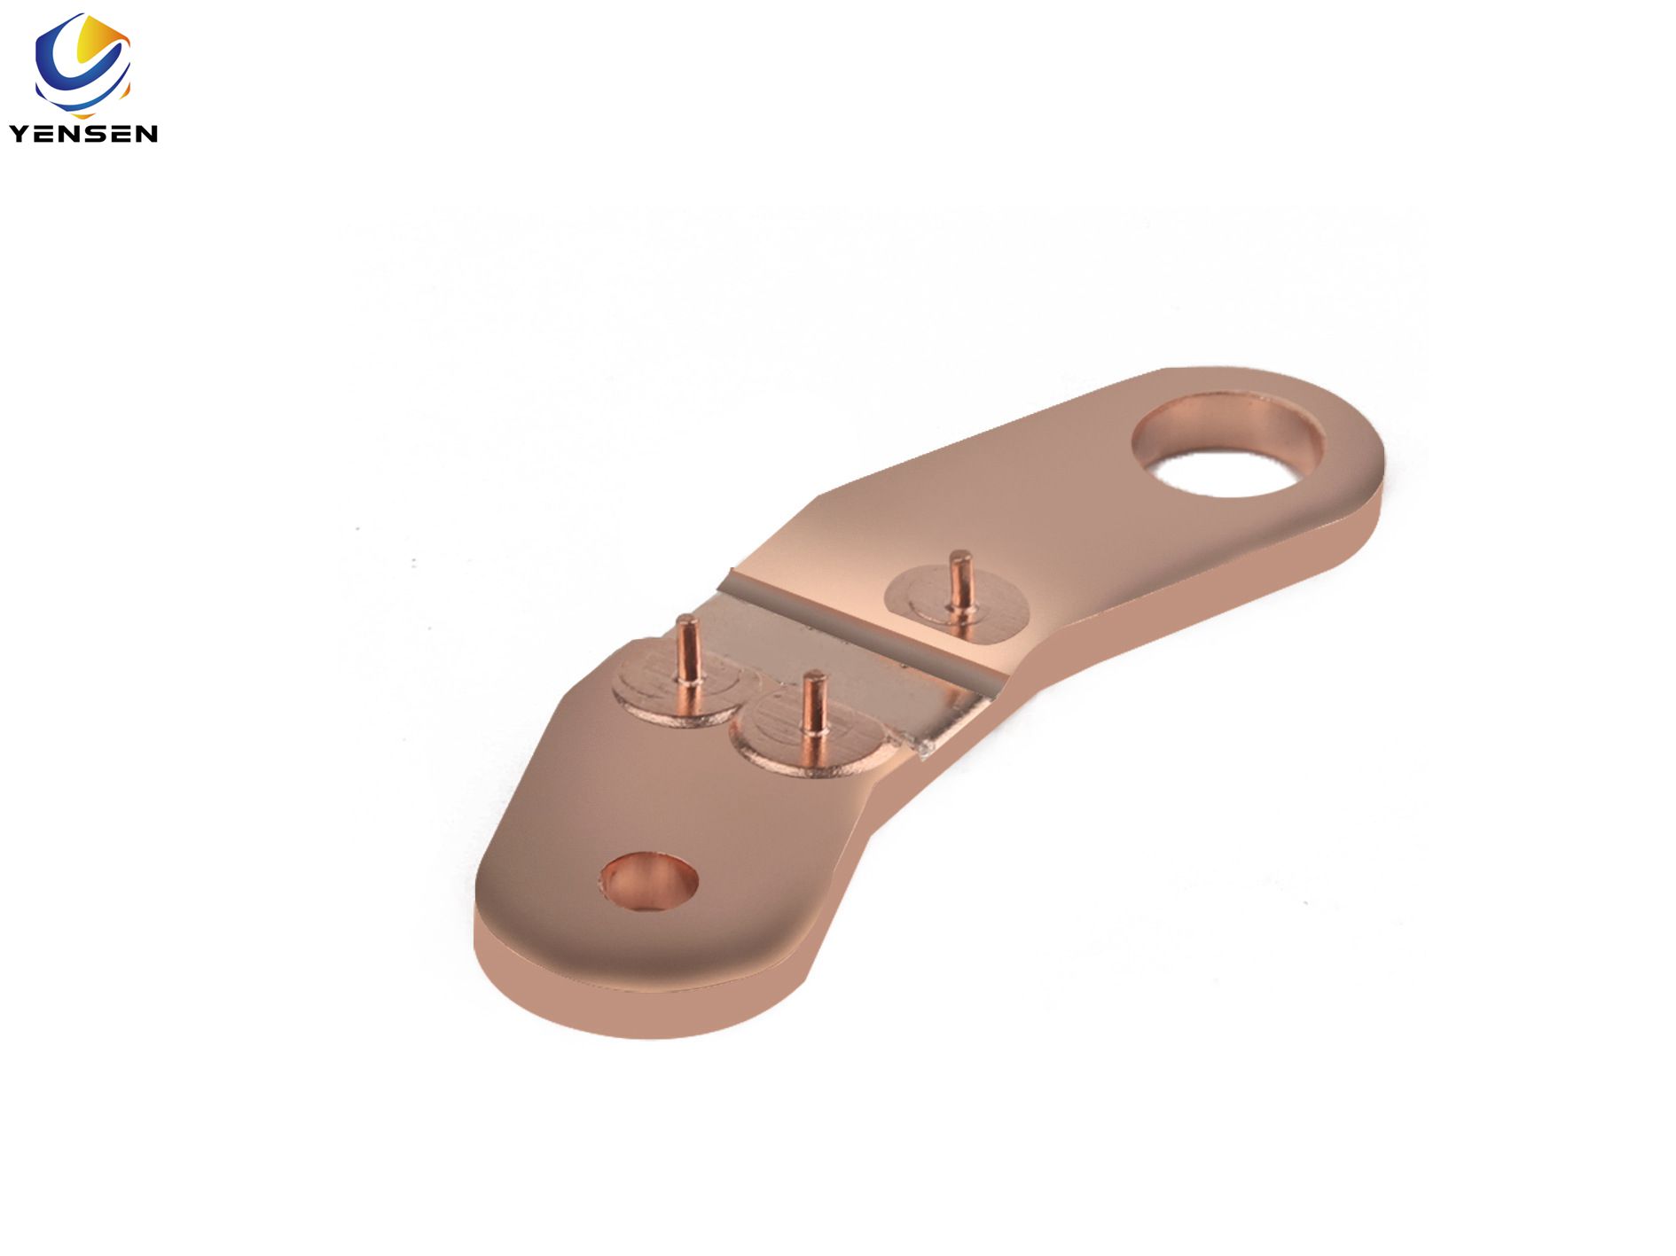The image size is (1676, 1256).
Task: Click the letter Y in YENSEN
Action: pos(20,133)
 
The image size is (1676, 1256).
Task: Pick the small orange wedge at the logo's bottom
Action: pos(128,89)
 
